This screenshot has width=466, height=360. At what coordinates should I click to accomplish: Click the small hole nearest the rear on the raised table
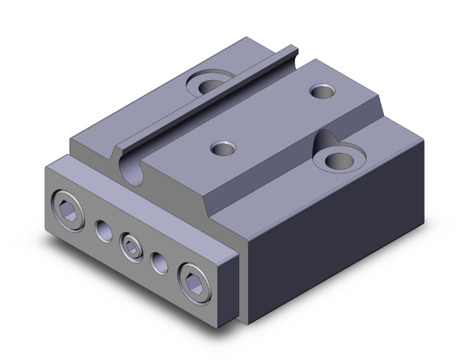[x=323, y=92]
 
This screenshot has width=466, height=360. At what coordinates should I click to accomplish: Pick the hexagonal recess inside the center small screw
[x=130, y=245]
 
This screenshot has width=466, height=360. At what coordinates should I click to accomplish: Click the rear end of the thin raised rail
[x=292, y=49]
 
